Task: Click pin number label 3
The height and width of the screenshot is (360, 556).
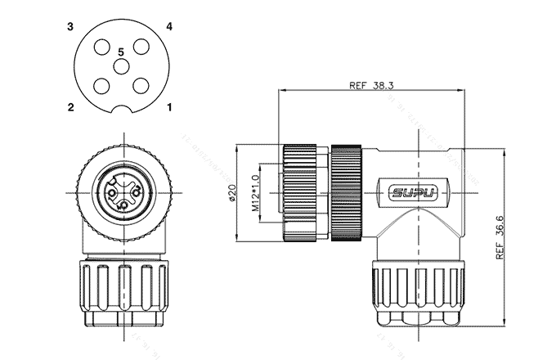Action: [x=71, y=27]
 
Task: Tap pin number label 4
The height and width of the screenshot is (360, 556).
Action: [x=169, y=27]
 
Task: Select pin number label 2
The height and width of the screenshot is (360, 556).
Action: [x=71, y=106]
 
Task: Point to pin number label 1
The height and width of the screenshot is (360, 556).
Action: [x=169, y=106]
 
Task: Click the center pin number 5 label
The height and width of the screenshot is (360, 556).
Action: [x=120, y=52]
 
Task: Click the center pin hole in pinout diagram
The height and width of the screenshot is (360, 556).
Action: [x=120, y=66]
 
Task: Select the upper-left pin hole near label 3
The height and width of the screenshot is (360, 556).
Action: [x=101, y=47]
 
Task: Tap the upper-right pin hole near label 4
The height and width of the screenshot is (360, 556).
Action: [x=140, y=47]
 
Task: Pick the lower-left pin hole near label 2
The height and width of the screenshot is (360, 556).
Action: [x=101, y=85]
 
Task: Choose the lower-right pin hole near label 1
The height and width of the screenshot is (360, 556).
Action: [x=140, y=85]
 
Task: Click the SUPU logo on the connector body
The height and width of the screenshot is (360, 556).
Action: [x=414, y=194]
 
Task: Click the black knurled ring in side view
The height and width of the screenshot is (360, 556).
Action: [x=347, y=194]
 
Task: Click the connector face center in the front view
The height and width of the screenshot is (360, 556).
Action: [x=120, y=193]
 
